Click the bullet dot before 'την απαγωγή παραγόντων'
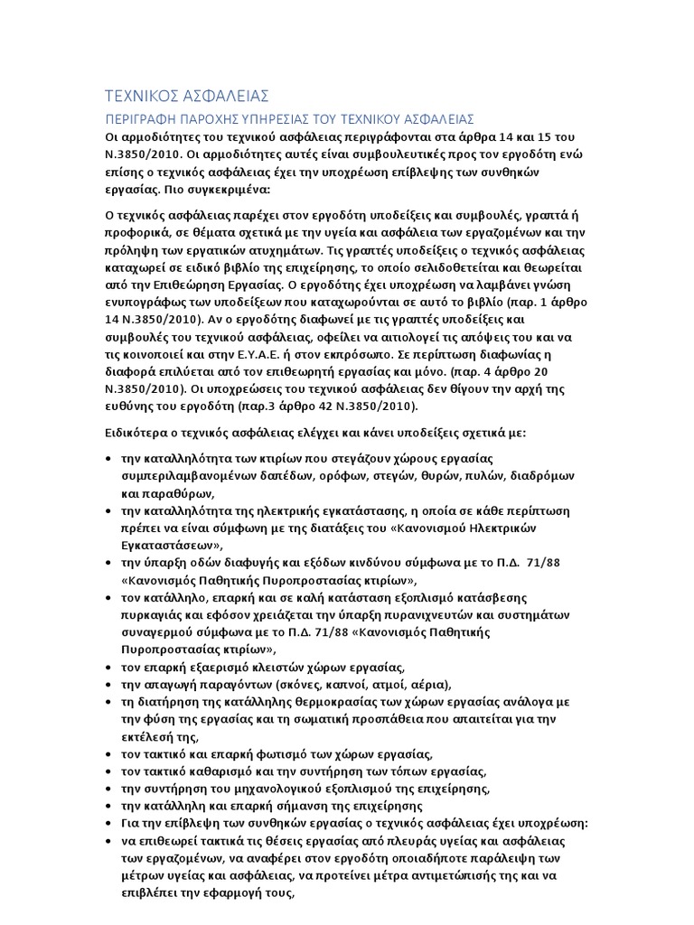coord(108,686)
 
